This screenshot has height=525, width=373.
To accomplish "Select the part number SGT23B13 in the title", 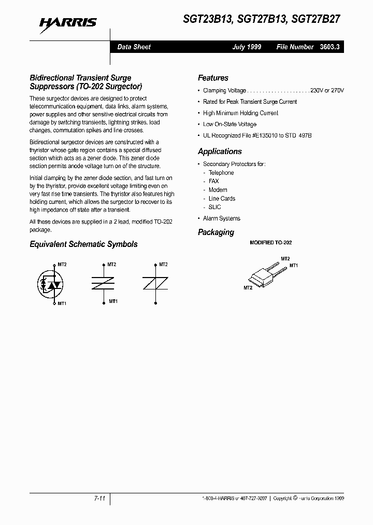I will (205, 20).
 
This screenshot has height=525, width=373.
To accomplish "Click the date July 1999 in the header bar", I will (247, 47).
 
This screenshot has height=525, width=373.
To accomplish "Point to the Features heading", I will (213, 78).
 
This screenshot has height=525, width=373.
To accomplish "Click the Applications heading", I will (220, 151).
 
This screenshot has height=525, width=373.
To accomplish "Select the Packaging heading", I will (216, 232).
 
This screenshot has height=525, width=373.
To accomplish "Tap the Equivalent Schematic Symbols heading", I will (83, 244).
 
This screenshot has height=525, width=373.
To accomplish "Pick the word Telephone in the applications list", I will (221, 173).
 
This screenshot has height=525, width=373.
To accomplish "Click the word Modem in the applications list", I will (218, 190).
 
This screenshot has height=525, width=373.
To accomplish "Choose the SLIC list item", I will (214, 207).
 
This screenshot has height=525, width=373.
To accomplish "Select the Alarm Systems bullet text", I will (222, 218).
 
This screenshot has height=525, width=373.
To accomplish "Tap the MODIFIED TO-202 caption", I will (267, 243).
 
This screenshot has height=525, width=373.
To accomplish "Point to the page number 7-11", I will (100, 498).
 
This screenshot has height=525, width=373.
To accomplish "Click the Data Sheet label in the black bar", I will (134, 47).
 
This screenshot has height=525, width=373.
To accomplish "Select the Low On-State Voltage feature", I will (229, 125).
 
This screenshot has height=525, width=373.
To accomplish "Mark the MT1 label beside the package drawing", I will (294, 265).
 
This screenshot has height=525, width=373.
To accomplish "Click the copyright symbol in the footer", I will (295, 498).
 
